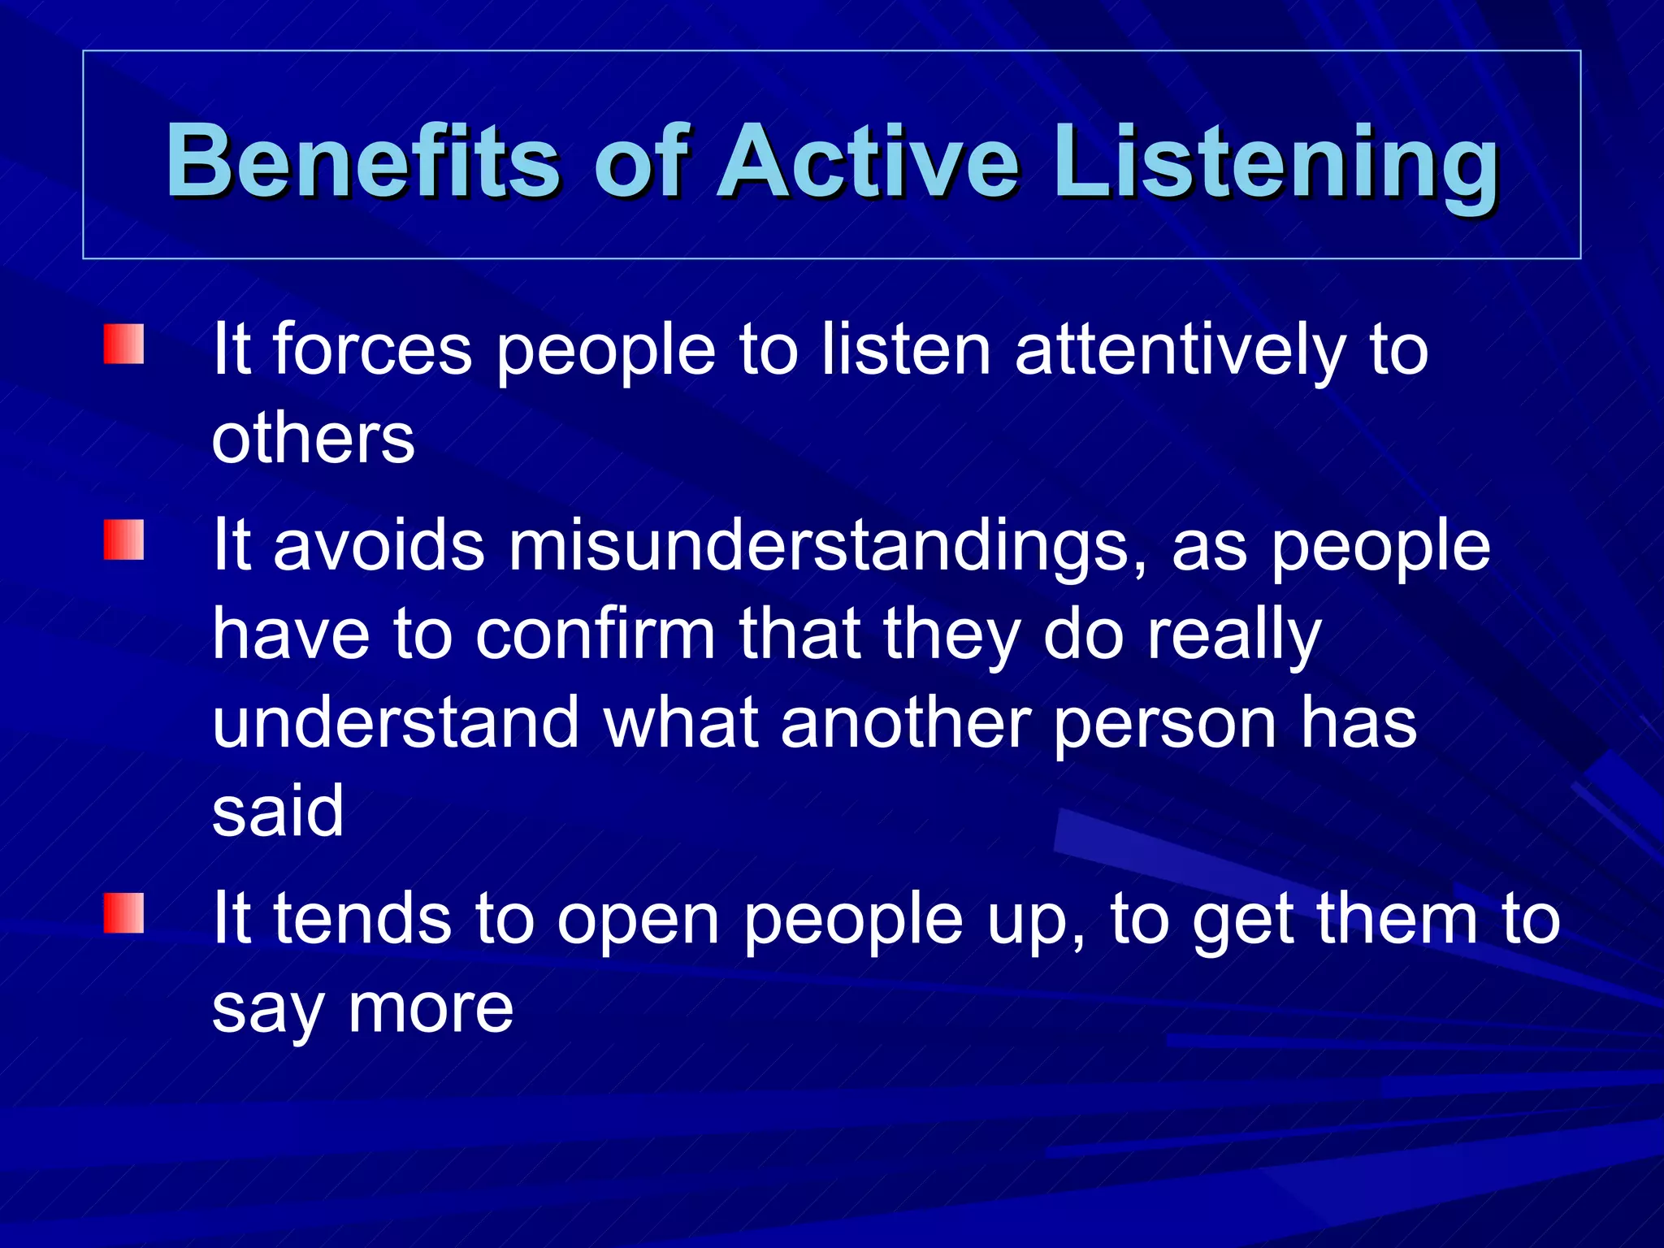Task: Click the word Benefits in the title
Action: coord(362,161)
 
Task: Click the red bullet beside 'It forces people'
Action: coord(123,344)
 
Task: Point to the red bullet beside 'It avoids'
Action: coord(123,540)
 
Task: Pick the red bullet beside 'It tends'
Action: coord(123,913)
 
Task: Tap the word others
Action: coord(313,439)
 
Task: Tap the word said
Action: coord(278,810)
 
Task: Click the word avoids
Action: coord(379,546)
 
